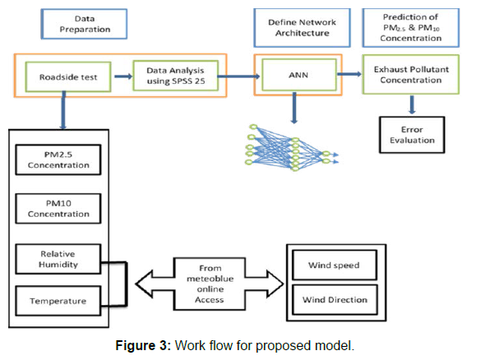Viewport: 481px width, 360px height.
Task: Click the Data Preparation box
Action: click(x=84, y=24)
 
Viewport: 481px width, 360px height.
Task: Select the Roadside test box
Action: click(x=68, y=76)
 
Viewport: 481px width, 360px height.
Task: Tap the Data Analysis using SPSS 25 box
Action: click(x=175, y=76)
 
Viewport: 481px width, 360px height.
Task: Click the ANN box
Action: click(x=298, y=75)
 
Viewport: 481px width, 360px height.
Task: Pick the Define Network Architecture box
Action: click(x=302, y=28)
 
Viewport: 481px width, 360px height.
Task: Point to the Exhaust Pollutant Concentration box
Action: click(x=411, y=75)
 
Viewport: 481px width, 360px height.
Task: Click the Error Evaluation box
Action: click(x=412, y=135)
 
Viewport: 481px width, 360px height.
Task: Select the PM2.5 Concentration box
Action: click(x=58, y=159)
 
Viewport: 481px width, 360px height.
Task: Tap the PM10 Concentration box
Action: click(x=58, y=209)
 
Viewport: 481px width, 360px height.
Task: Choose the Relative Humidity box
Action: click(x=58, y=259)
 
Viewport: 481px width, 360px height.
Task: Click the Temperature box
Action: click(x=58, y=301)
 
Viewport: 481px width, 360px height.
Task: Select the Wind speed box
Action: click(x=335, y=265)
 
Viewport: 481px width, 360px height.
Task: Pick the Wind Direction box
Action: click(x=335, y=300)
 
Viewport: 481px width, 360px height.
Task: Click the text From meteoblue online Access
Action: click(x=210, y=284)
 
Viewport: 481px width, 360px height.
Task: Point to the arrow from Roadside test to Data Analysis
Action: click(x=123, y=76)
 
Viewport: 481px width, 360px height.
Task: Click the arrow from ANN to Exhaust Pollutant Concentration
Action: click(x=349, y=74)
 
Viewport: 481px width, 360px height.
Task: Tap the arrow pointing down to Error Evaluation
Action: click(x=412, y=104)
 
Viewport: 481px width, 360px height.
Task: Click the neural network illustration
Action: click(x=291, y=148)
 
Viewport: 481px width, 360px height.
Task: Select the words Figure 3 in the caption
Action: click(x=143, y=345)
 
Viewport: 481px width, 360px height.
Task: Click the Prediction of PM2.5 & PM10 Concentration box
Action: click(x=411, y=28)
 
